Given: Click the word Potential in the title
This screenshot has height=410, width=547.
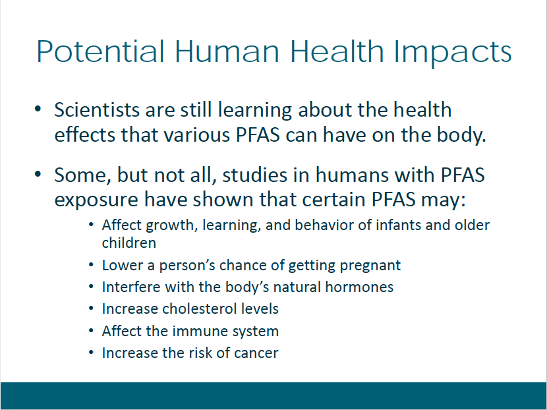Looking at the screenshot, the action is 100,51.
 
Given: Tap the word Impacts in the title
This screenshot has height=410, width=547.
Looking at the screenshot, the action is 453,53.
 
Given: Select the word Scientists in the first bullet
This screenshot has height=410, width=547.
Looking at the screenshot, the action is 97,109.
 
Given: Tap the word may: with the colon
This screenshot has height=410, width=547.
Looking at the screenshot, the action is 443,200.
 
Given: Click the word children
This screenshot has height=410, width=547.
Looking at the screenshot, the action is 129,243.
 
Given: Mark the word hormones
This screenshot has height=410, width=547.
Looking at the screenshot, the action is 359,287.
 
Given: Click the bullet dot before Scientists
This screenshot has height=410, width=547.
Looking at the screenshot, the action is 38,109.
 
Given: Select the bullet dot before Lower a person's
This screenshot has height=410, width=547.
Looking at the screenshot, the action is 91,265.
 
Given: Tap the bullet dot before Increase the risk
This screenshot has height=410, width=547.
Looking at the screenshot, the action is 91,353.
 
